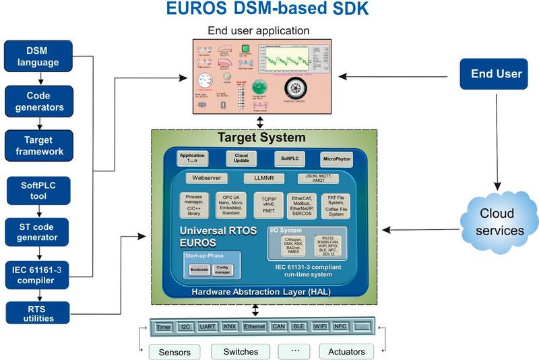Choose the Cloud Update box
(x=241, y=158)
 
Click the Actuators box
(x=346, y=352)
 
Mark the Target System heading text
(x=261, y=138)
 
